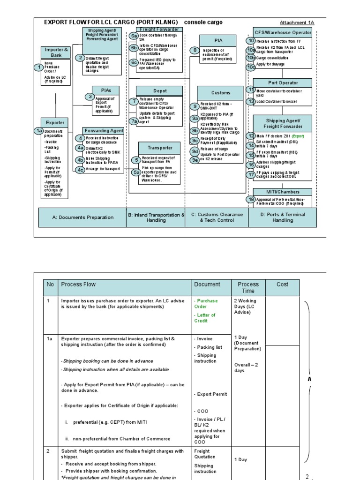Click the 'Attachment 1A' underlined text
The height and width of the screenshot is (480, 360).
tap(297, 22)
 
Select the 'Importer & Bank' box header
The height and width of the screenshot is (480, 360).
tap(57, 52)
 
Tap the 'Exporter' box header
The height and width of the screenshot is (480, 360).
tap(55, 122)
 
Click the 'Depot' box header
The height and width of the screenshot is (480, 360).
tap(159, 91)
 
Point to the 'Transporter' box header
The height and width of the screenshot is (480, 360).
tap(160, 148)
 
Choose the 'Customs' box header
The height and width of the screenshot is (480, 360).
tap(220, 93)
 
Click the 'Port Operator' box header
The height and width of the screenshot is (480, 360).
tap(283, 83)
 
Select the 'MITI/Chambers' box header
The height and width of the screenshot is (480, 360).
tap(282, 191)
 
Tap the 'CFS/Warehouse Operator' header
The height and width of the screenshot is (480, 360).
tap(282, 32)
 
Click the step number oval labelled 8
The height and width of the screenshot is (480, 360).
tap(195, 50)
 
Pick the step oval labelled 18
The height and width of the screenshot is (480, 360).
tap(251, 199)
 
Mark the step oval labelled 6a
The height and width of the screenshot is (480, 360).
tap(134, 36)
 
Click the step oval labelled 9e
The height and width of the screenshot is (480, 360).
tap(195, 160)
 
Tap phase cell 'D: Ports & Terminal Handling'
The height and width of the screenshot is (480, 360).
tap(282, 217)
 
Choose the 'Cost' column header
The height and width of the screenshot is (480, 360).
tap(282, 284)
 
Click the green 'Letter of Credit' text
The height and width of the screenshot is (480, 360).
tap(205, 318)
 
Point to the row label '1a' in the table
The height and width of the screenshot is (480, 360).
tap(48, 338)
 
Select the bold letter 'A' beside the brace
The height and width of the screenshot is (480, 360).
tap(309, 379)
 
